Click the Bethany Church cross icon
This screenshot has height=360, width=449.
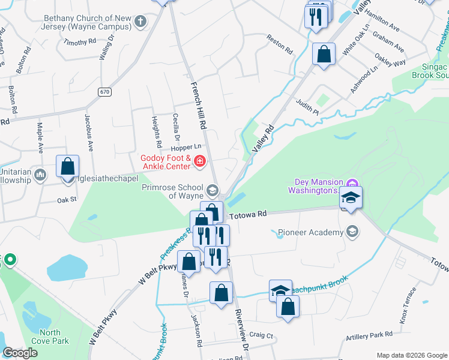(x=140, y=22)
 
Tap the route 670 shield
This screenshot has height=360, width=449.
(x=106, y=92)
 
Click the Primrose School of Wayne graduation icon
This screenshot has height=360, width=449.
(x=212, y=191)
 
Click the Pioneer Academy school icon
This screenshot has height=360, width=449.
(x=352, y=232)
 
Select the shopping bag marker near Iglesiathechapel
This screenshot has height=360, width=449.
(x=68, y=166)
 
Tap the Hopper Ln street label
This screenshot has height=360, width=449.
(x=185, y=147)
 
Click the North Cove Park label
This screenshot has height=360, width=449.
(x=53, y=337)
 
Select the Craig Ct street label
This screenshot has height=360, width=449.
(x=261, y=335)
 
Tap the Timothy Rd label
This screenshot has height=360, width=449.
(x=80, y=43)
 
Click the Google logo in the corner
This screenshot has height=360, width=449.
(x=20, y=353)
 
